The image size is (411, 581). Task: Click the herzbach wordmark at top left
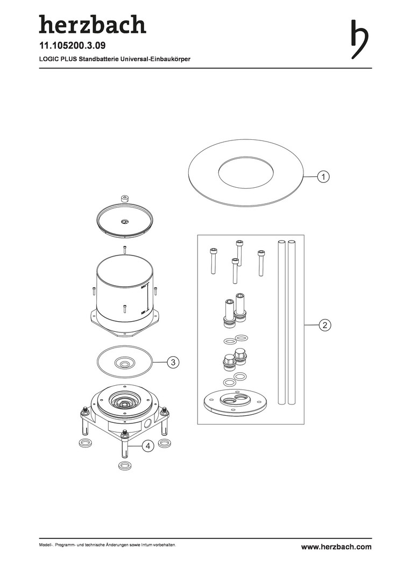pyautogui.click(x=93, y=24)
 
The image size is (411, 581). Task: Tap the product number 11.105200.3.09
pyautogui.click(x=72, y=46)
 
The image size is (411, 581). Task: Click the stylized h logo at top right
pyautogui.click(x=359, y=39)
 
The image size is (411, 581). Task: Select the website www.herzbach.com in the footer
pyautogui.click(x=336, y=547)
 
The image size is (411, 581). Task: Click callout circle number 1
pyautogui.click(x=323, y=177)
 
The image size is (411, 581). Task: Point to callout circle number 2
pyautogui.click(x=324, y=325)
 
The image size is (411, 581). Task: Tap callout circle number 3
pyautogui.click(x=173, y=362)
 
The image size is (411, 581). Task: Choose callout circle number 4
pyautogui.click(x=148, y=446)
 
